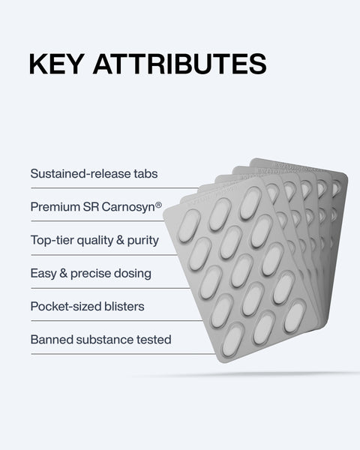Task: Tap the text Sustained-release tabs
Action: [94, 174]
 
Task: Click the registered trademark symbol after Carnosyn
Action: [158, 203]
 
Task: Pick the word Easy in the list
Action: [43, 274]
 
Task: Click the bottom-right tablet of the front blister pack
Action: [294, 316]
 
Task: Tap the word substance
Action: [101, 340]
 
